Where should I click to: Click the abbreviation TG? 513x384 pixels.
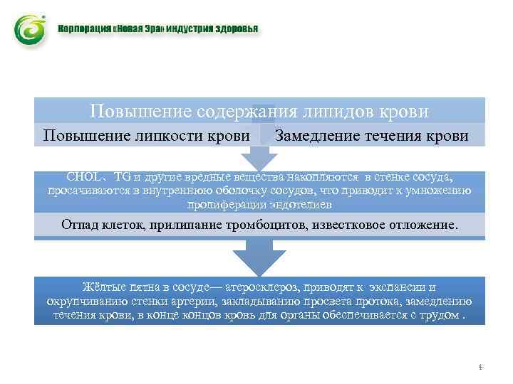pos(123,176)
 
